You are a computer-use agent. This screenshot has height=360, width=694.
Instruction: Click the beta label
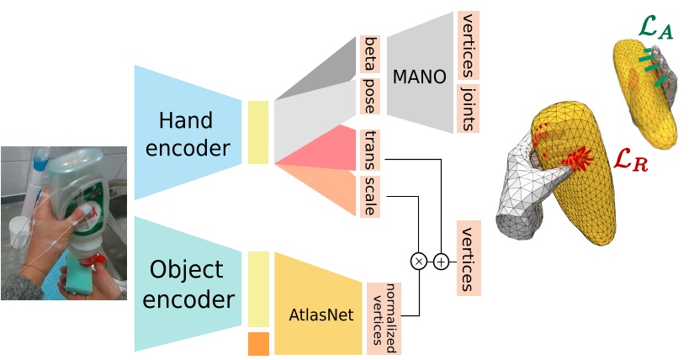tap(369, 54)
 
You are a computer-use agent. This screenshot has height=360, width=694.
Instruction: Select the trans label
tap(369, 149)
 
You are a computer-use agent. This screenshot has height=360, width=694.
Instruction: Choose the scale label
tap(369, 195)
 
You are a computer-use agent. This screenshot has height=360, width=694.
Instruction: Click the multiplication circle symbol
tap(419, 262)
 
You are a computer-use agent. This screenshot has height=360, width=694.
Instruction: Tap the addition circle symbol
tap(441, 262)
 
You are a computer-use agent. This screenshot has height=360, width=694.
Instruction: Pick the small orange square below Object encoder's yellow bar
tap(258, 344)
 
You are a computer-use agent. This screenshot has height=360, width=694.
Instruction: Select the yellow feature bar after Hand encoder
tap(258, 132)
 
